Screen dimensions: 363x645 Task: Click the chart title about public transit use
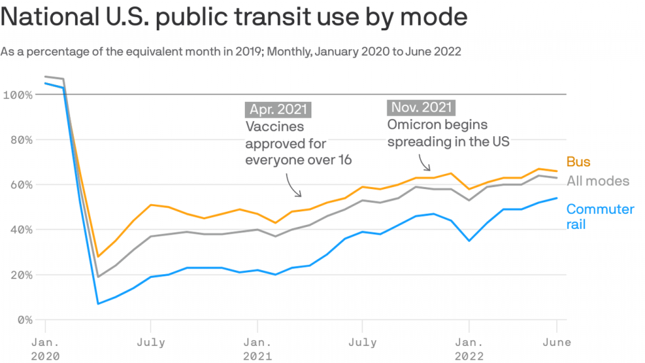click(234, 17)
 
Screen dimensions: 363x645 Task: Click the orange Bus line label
click(578, 162)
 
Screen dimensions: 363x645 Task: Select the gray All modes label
click(597, 181)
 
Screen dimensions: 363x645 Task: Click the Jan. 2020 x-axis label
click(45, 349)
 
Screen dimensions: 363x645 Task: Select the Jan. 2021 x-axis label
click(257, 349)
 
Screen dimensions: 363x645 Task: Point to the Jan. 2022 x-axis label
click(469, 349)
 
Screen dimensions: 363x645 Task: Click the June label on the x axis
click(556, 343)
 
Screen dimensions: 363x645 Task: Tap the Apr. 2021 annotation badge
click(278, 109)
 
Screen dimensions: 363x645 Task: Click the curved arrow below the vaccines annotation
click(292, 186)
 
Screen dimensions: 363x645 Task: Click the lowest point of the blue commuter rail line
click(98, 304)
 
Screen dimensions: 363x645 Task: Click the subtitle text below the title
click(231, 52)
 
